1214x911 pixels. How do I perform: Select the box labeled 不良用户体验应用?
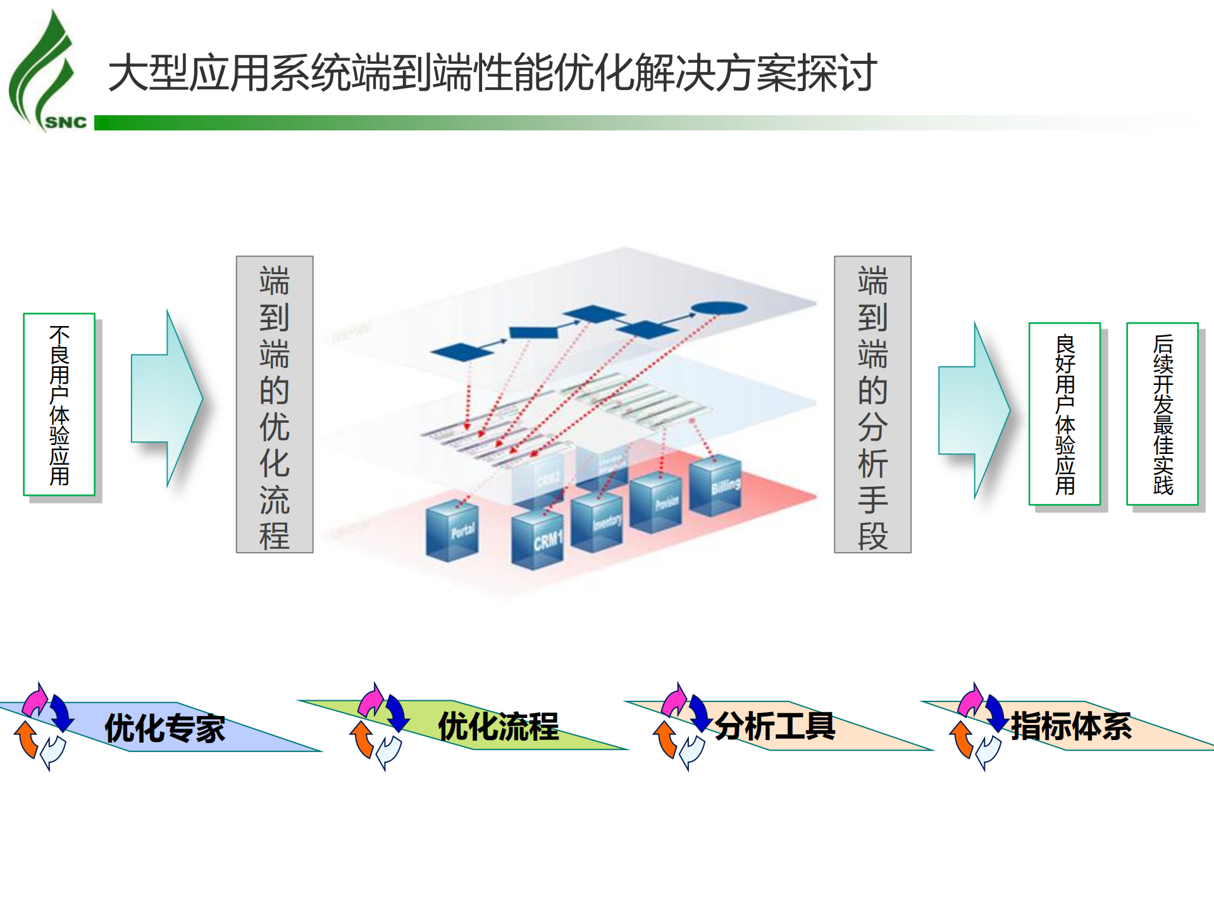[59, 405]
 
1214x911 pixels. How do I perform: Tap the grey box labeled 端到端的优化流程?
[275, 405]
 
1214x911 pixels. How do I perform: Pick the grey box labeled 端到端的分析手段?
[872, 405]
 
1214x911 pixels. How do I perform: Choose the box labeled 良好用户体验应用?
[1065, 414]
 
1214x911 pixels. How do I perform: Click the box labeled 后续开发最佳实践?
[1163, 414]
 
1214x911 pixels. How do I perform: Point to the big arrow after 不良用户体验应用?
[167, 398]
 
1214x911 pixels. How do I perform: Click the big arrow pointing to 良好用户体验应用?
[974, 410]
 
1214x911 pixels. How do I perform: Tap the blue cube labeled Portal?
[452, 531]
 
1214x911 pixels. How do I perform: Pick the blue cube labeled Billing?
[715, 486]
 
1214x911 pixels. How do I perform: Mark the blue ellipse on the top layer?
[719, 308]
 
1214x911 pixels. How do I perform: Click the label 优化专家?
[164, 728]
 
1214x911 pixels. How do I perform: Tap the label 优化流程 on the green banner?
[498, 727]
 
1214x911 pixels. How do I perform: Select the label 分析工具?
[775, 726]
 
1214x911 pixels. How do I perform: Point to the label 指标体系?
[1071, 726]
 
